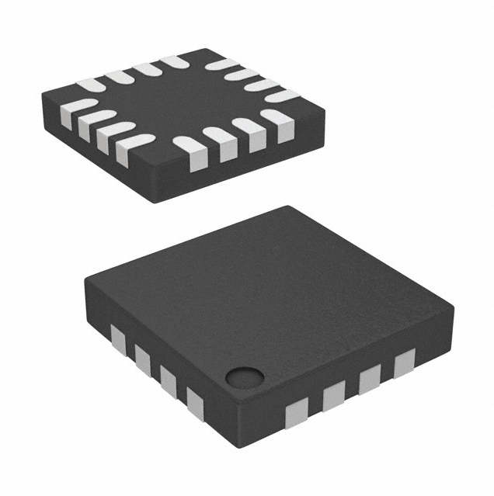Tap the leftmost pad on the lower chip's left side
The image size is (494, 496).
[118, 338]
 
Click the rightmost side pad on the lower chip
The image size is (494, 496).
[405, 364]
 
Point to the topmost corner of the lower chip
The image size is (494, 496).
[287, 207]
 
